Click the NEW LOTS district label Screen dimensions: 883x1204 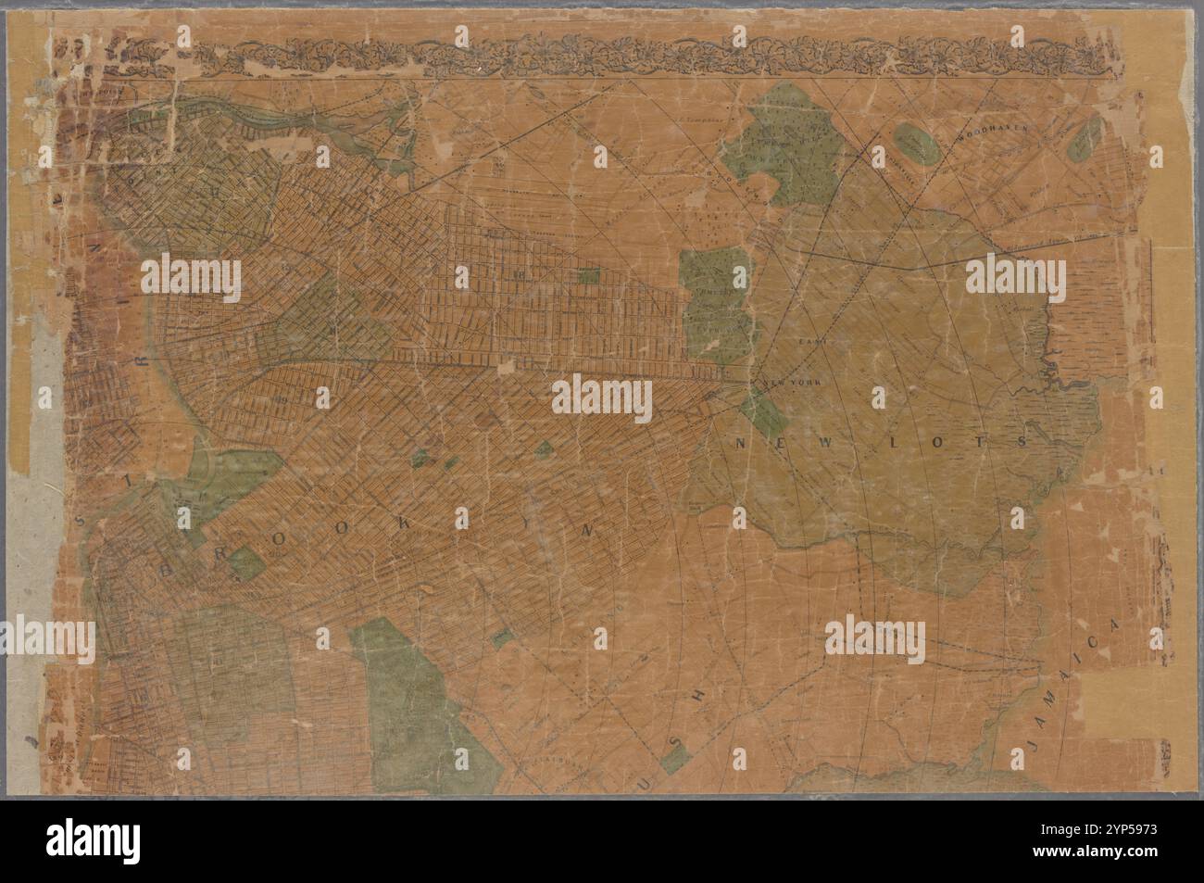[881, 443]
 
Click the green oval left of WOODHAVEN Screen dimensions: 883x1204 [915, 144]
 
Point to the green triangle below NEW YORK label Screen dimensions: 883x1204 [765, 408]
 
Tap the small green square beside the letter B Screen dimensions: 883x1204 [245, 562]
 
